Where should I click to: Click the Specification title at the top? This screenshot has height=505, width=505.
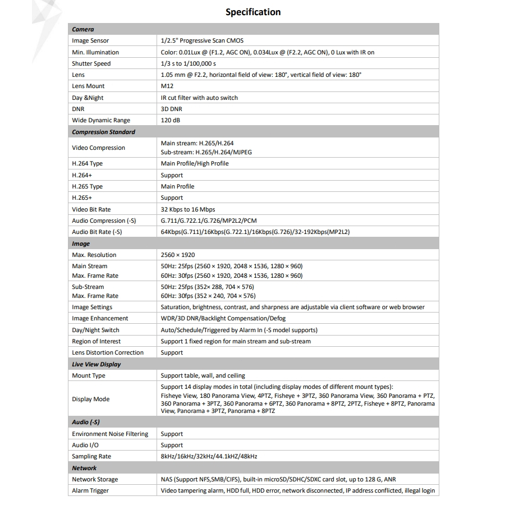pos(252,12)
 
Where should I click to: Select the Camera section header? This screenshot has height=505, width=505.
pos(83,29)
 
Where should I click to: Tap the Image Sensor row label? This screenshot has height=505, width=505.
pos(90,40)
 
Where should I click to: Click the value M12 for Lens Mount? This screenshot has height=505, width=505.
pos(167,86)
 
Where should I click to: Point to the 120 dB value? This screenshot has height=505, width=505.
pos(171,120)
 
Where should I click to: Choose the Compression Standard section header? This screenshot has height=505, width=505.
pos(103,132)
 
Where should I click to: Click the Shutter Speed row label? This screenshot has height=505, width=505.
pos(91,63)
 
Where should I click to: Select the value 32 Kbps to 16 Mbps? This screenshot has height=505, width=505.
pos(187,209)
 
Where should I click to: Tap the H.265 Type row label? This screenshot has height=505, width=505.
pos(87,186)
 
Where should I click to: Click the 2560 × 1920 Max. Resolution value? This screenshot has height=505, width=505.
pos(178,255)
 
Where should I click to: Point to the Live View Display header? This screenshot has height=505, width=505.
pos(96,364)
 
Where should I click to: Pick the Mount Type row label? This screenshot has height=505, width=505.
pos(89,375)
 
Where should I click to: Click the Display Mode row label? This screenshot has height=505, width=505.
pos(91,399)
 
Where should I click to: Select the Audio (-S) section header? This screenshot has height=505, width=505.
pos(86,421)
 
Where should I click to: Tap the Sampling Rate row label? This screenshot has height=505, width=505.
pos(91,456)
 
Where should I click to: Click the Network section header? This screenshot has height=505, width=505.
pos(84,467)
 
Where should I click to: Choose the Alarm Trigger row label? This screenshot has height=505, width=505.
pos(90,490)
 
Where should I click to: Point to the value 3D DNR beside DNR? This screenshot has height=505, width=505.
pos(171,109)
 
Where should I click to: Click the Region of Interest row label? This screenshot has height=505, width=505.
pos(96,341)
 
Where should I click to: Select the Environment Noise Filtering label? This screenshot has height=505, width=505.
pos(110,434)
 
